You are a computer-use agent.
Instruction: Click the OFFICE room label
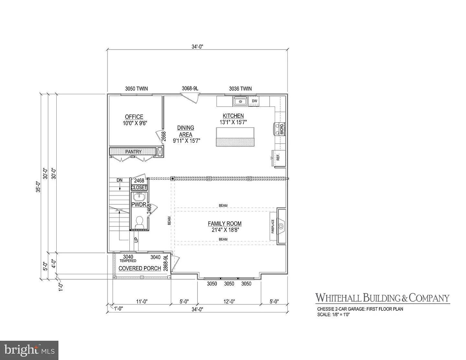tap(134, 117)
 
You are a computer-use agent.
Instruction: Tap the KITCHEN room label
tap(233, 116)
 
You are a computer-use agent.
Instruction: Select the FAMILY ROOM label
tap(225, 224)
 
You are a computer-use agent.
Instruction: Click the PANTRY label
tap(133, 152)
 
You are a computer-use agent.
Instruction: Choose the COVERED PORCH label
tap(140, 268)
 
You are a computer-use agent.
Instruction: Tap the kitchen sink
tap(240, 101)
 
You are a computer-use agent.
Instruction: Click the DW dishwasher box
tap(255, 101)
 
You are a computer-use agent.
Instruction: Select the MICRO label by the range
tap(282, 129)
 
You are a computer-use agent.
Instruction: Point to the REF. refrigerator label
tap(278, 157)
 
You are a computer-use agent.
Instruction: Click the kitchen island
tap(235, 137)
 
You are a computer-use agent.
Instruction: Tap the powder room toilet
tap(140, 222)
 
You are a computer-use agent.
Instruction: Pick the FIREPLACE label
tap(273, 226)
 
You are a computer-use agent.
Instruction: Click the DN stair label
tap(119, 180)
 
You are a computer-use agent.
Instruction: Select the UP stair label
tap(136, 240)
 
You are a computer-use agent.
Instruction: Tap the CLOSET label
tap(139, 187)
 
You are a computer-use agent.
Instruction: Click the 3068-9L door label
tap(190, 88)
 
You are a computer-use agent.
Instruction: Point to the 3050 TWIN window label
tap(137, 89)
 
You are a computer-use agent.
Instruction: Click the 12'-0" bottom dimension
tap(229, 301)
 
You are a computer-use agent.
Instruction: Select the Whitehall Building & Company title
tap(383, 298)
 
